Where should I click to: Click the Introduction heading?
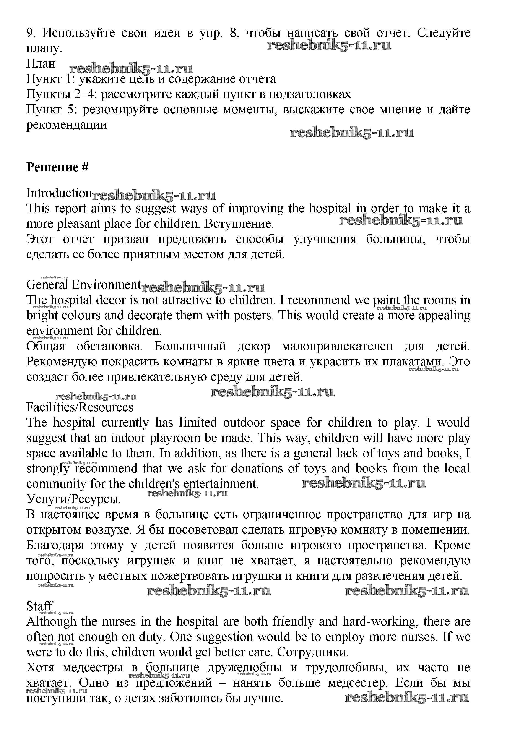pyautogui.click(x=59, y=193)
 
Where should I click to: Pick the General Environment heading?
pyautogui.click(x=83, y=285)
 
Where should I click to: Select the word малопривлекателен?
pyautogui.click(x=338, y=346)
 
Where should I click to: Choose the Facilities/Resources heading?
pyautogui.click(x=80, y=407)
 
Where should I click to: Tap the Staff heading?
pyautogui.click(x=39, y=606)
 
